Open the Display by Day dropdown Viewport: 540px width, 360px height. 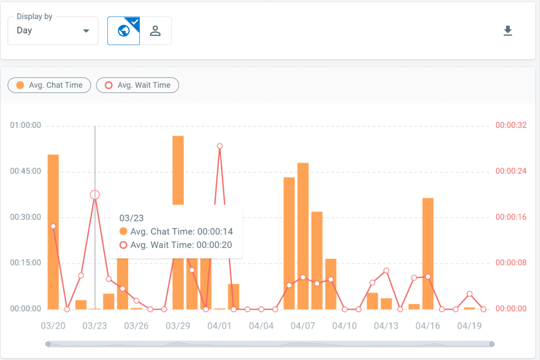coord(53,31)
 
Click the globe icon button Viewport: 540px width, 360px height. coord(123,31)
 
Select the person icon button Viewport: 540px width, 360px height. coord(155,31)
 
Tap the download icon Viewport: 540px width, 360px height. coord(508,31)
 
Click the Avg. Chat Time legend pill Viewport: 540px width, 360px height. coord(49,85)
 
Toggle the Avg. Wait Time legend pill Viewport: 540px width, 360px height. coord(138,85)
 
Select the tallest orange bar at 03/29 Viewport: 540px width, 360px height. coord(178,168)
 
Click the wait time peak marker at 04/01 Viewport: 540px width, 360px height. coord(220,146)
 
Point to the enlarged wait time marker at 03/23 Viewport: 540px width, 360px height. coord(95,195)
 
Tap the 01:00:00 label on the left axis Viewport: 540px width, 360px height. coord(26,125)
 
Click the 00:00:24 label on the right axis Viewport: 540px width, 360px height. coord(511,171)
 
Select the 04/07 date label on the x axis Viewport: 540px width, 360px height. coord(303,326)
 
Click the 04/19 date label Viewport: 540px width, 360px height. coord(469,326)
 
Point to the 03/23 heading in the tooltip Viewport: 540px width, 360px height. coord(131,218)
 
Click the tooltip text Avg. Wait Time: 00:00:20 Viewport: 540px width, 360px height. coord(181,245)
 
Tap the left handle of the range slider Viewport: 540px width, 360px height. coord(48,344)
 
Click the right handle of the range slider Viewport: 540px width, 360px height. coord(492,344)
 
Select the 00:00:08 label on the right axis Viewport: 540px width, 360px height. coord(511,263)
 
